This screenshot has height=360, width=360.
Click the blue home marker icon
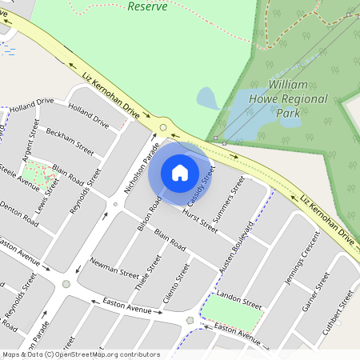point(180,172)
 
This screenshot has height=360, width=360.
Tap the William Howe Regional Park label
point(298,98)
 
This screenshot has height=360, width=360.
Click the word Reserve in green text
point(148,6)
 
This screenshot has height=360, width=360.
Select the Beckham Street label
point(70,140)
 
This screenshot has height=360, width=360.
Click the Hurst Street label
point(199,220)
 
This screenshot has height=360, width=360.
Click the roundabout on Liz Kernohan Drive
point(163,127)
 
